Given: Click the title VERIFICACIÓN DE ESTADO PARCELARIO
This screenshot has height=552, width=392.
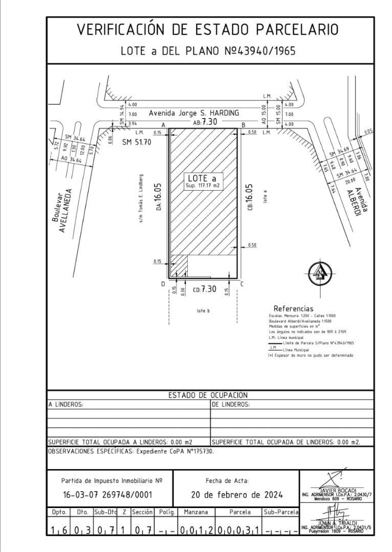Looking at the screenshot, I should tap(207, 30).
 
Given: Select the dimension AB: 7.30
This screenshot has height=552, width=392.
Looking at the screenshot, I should tap(205, 122).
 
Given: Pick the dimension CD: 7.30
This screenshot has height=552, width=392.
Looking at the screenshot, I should tap(204, 289).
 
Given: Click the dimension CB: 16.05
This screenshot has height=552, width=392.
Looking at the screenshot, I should tap(250, 200).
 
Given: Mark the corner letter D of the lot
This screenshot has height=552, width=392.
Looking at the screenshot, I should tap(163, 284).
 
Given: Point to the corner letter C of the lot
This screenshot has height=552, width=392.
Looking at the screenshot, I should tap(242, 284).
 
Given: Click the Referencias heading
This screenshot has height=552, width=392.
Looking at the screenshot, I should tap(293, 309).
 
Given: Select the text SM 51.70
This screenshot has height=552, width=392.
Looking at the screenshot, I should tap(137, 142).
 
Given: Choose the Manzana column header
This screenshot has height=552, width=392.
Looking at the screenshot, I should tap(196, 512).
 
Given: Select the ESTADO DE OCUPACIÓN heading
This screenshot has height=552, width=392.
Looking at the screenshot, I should tap(208, 395).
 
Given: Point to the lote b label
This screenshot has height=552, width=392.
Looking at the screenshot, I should tap(204, 311).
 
